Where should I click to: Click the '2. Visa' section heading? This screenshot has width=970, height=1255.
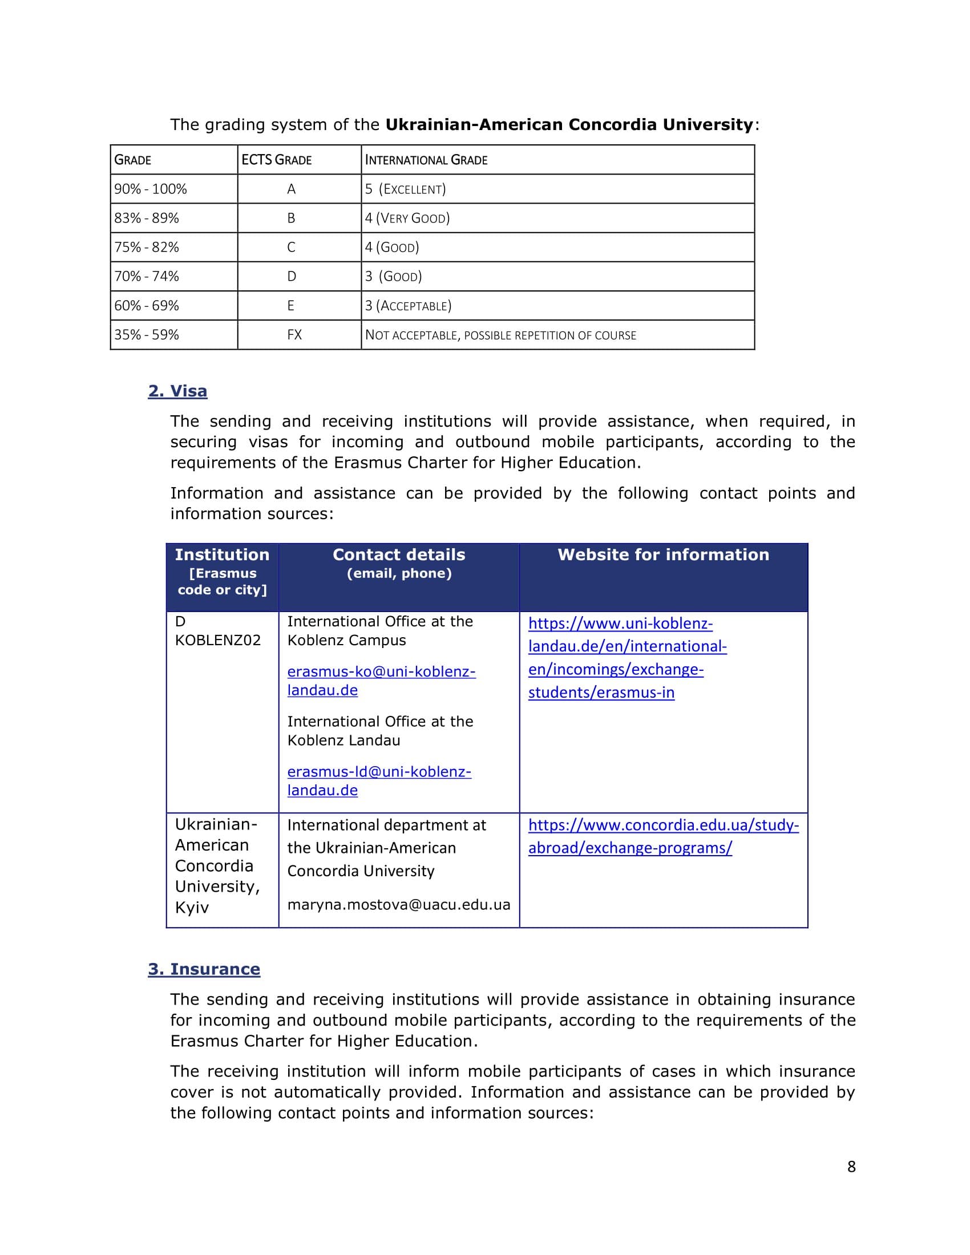(177, 391)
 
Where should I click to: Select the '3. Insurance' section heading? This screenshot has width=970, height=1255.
(204, 969)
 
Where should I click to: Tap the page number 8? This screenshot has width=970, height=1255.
(851, 1167)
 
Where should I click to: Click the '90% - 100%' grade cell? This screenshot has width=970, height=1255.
(151, 189)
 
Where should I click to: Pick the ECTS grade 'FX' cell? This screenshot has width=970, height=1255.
(294, 335)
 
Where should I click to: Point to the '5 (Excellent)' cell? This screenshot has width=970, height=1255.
(406, 189)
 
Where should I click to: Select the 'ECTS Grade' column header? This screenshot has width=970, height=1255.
(276, 160)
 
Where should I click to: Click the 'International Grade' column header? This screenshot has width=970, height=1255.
(426, 160)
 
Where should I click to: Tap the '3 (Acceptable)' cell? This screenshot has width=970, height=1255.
(409, 306)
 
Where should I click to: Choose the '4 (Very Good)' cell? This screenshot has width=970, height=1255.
(407, 218)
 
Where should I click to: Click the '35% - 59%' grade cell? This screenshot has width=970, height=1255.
(147, 335)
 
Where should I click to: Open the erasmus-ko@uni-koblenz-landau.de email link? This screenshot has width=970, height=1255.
(381, 681)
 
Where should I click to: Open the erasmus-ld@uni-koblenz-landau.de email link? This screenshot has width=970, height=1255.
(379, 780)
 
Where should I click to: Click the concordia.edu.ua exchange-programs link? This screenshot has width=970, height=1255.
(663, 836)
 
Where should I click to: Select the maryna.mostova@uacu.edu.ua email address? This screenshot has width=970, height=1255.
(399, 905)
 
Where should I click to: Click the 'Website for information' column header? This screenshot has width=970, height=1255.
(663, 554)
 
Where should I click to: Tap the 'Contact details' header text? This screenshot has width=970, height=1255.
(399, 554)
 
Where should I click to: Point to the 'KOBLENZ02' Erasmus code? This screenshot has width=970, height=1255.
(218, 640)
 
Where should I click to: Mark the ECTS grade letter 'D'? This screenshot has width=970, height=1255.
(292, 277)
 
